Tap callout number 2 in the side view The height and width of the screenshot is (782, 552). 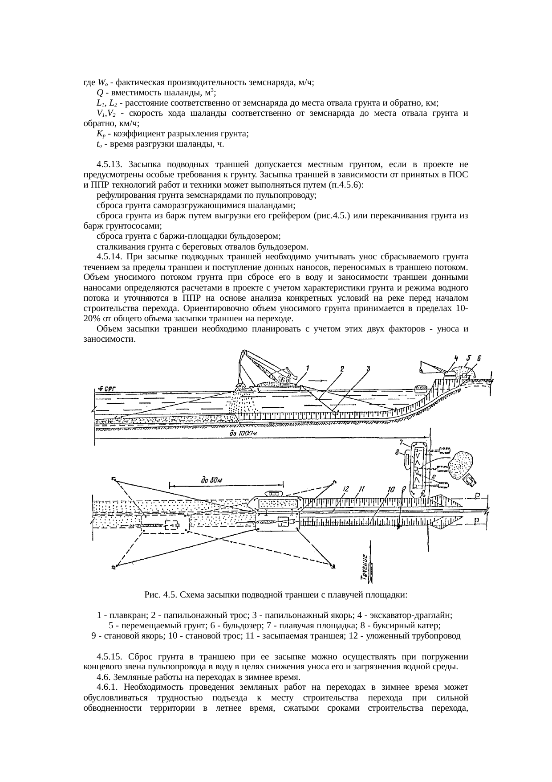(342, 368)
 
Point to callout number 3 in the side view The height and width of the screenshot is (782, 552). (368, 368)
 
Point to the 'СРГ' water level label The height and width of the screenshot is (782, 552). (106, 389)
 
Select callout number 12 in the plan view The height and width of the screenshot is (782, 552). (345, 489)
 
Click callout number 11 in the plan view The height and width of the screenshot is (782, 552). (361, 489)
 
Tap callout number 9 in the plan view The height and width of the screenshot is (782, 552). (403, 489)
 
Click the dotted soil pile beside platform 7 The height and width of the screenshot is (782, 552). (461, 463)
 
